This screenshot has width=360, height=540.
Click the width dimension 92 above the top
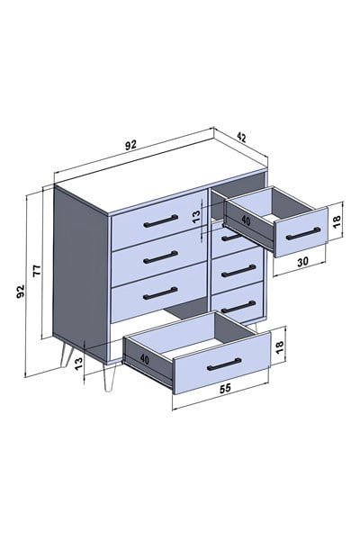130,145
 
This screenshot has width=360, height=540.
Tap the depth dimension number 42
242,137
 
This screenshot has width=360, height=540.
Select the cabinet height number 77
37,270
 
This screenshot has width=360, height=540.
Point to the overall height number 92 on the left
21,292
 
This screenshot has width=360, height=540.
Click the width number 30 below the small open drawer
302,261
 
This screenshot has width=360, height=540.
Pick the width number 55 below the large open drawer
225,388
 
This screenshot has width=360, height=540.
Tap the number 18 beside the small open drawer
337,220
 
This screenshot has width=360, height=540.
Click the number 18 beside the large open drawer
279,346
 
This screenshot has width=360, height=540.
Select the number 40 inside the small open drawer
246,220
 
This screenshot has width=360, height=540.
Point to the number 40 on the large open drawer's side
145,359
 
